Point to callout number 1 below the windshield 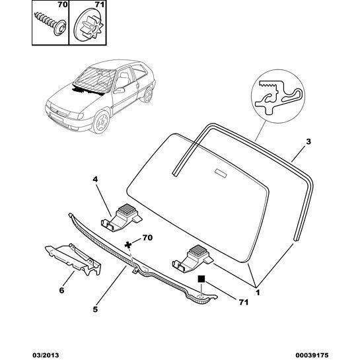pos(257,291)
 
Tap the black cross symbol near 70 pos(129,245)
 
